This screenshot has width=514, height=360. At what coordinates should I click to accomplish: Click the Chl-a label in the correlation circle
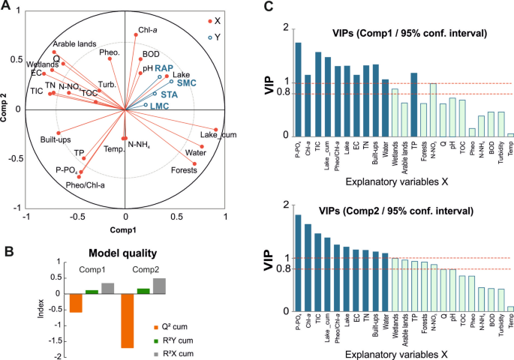pyautogui.click(x=147, y=31)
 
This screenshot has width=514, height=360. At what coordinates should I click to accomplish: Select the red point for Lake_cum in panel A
pyautogui.click(x=216, y=130)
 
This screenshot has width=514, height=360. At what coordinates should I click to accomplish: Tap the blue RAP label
pyautogui.click(x=175, y=68)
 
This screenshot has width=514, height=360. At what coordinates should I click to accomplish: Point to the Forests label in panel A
pyautogui.click(x=185, y=170)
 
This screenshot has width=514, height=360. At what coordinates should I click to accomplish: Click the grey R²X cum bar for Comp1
pyautogui.click(x=108, y=288)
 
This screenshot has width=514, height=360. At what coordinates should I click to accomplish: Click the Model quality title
pyautogui.click(x=121, y=253)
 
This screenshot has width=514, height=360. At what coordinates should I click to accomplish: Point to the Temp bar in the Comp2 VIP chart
pyautogui.click(x=510, y=308)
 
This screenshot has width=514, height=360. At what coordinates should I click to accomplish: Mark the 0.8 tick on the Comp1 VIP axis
pyautogui.click(x=282, y=93)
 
